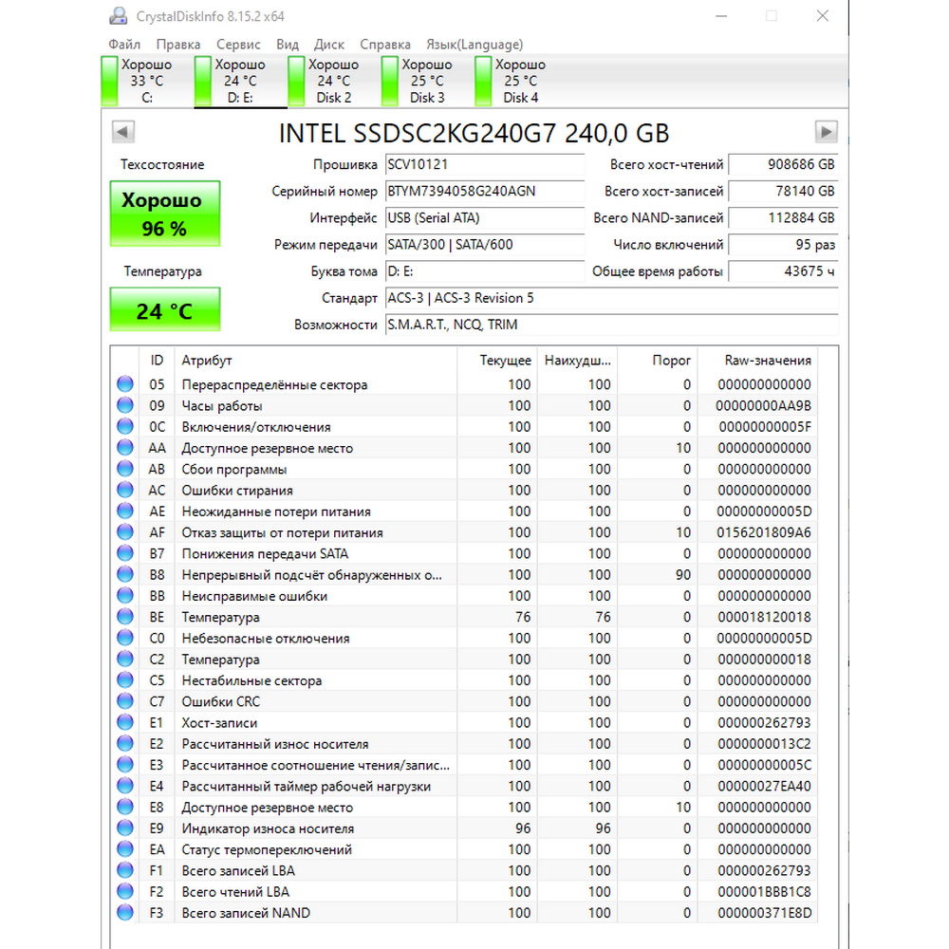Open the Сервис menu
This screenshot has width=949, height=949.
tap(238, 45)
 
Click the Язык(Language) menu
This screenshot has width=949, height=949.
tap(474, 45)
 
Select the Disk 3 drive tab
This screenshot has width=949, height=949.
tap(427, 82)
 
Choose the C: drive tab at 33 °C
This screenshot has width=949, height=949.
tap(146, 82)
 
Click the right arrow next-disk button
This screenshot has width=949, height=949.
tap(827, 132)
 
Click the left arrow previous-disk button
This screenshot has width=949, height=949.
tap(123, 132)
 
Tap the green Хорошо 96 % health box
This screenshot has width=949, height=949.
tap(164, 214)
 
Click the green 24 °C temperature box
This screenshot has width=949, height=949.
tap(164, 310)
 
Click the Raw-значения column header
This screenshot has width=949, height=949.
tap(768, 361)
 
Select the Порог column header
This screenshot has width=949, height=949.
tap(672, 361)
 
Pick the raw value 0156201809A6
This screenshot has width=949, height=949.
tap(765, 532)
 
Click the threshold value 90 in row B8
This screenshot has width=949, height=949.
tap(683, 575)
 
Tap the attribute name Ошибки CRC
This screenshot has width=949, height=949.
tap(221, 701)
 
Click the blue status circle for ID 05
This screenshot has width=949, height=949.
tap(125, 384)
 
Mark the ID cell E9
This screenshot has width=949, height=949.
tap(157, 828)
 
